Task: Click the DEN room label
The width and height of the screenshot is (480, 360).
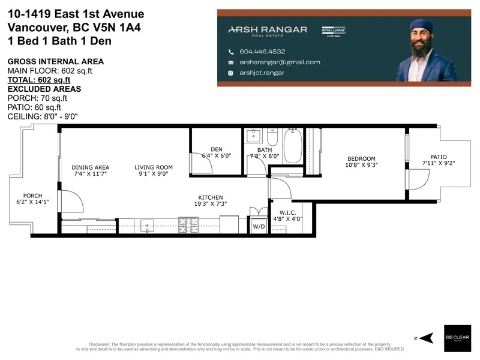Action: (217, 149)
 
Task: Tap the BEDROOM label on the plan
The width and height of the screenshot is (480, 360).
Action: (361, 158)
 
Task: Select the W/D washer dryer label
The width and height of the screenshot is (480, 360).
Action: (259, 226)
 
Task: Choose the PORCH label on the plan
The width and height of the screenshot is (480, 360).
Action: (32, 196)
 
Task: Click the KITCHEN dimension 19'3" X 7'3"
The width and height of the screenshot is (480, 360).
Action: (211, 205)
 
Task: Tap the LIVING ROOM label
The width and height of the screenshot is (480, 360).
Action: (153, 167)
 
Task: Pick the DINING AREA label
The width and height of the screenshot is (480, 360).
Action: (90, 167)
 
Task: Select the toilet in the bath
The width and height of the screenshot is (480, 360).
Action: (272, 140)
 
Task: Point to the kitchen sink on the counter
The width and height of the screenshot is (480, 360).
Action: (148, 226)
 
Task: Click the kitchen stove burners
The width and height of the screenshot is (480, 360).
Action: (189, 226)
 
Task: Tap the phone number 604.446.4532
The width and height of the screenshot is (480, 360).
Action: (262, 52)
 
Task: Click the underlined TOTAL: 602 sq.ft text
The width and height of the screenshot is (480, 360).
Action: (39, 79)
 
